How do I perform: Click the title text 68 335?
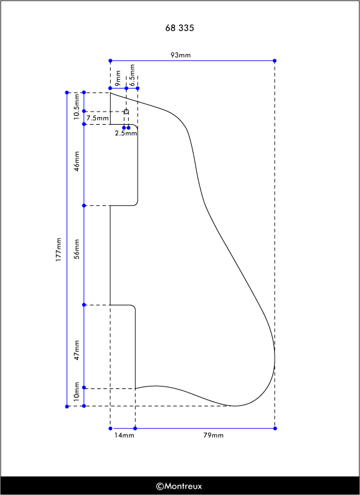179,28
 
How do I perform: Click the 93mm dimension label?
181,55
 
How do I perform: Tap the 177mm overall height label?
59,249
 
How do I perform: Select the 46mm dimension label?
77,161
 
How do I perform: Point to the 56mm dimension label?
77,249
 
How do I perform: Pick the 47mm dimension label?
77,350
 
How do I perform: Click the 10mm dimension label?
77,392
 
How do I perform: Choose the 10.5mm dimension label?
77,107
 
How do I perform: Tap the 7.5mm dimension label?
98,118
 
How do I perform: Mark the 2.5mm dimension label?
126,133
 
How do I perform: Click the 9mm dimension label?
118,79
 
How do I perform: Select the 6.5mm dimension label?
132,75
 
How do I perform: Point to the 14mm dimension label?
124,435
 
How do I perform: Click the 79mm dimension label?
213,435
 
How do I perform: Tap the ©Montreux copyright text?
179,486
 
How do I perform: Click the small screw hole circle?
126,111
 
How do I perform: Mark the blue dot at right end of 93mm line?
275,60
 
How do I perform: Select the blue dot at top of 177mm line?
67,92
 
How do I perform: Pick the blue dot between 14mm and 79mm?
135,428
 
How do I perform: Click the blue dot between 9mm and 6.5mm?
126,89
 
